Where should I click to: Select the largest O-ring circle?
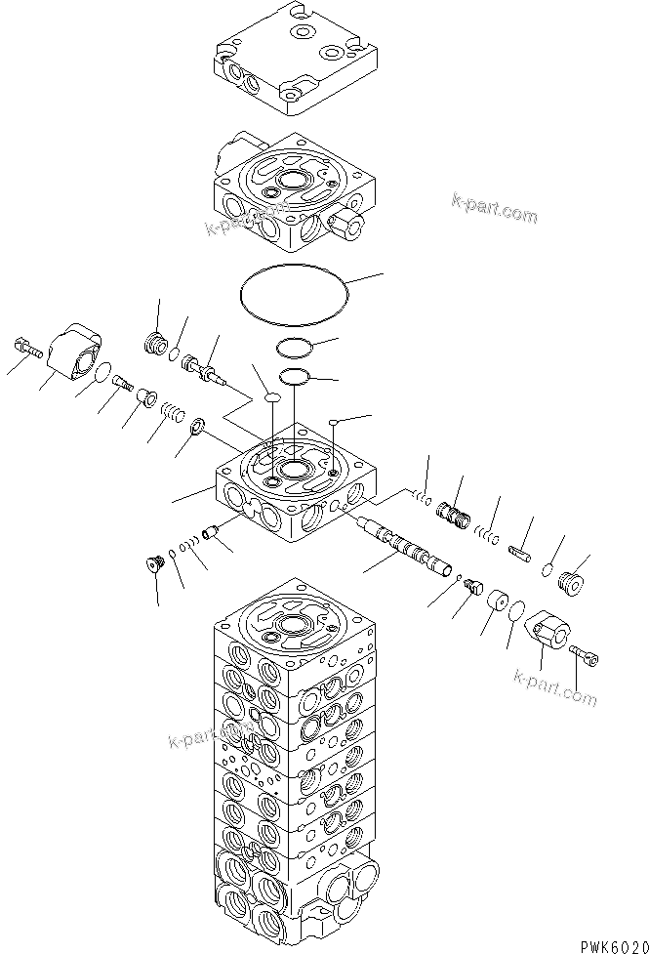(x=293, y=291)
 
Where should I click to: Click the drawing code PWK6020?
(x=606, y=942)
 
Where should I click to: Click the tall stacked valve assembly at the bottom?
(x=293, y=771)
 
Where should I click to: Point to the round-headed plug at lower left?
(x=152, y=562)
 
